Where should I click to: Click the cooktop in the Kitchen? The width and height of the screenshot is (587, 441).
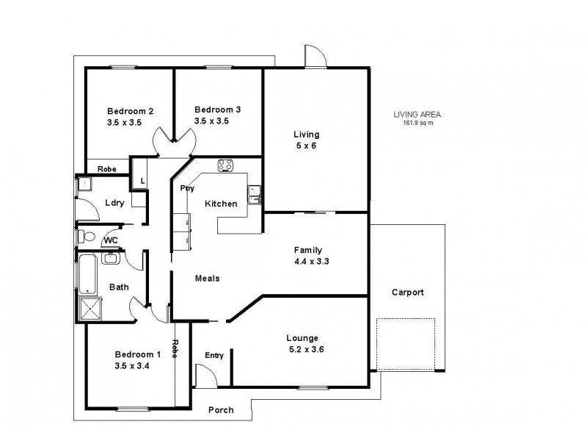click(x=225, y=165)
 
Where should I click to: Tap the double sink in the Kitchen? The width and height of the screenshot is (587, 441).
click(x=254, y=194)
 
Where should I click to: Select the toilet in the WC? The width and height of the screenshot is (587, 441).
click(x=84, y=237)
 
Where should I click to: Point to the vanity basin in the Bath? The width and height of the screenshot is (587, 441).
click(x=112, y=257)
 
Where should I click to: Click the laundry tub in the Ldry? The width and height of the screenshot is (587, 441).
click(x=84, y=184)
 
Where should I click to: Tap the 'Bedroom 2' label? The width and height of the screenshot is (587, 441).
click(x=129, y=111)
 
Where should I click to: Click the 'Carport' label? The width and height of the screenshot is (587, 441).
click(x=407, y=292)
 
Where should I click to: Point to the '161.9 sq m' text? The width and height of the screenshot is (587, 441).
click(x=418, y=123)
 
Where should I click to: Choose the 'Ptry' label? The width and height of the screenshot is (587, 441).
click(x=188, y=188)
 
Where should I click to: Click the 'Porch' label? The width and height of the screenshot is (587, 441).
click(x=222, y=410)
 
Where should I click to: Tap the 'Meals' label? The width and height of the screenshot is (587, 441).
click(x=207, y=279)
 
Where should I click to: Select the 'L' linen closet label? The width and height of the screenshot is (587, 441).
click(x=142, y=179)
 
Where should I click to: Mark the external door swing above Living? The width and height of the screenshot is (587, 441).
click(x=314, y=56)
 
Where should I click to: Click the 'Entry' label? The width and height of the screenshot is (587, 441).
click(x=214, y=356)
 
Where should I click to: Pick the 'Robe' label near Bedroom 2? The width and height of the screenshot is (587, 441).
click(x=107, y=168)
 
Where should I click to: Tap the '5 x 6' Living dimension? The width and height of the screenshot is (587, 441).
click(x=306, y=146)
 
